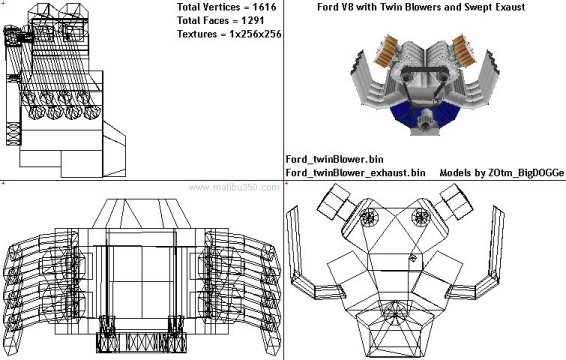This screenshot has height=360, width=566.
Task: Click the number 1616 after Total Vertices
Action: click(264, 7)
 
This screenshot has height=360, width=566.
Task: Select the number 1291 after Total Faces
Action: click(252, 21)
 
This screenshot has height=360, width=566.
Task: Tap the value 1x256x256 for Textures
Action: click(255, 34)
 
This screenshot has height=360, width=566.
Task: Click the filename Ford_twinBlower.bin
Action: click(334, 159)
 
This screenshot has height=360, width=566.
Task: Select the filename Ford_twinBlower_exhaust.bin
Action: click(355, 173)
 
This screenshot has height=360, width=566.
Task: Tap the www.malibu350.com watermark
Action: click(234, 187)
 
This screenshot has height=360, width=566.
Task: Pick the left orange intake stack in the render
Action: click(387, 51)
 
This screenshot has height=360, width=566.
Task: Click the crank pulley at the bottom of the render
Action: click(426, 120)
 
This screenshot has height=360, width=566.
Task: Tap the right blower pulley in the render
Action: click(443, 77)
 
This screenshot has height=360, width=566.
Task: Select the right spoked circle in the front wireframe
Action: click(421, 217)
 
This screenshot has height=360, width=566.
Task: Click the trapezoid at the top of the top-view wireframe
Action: click(141, 213)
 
